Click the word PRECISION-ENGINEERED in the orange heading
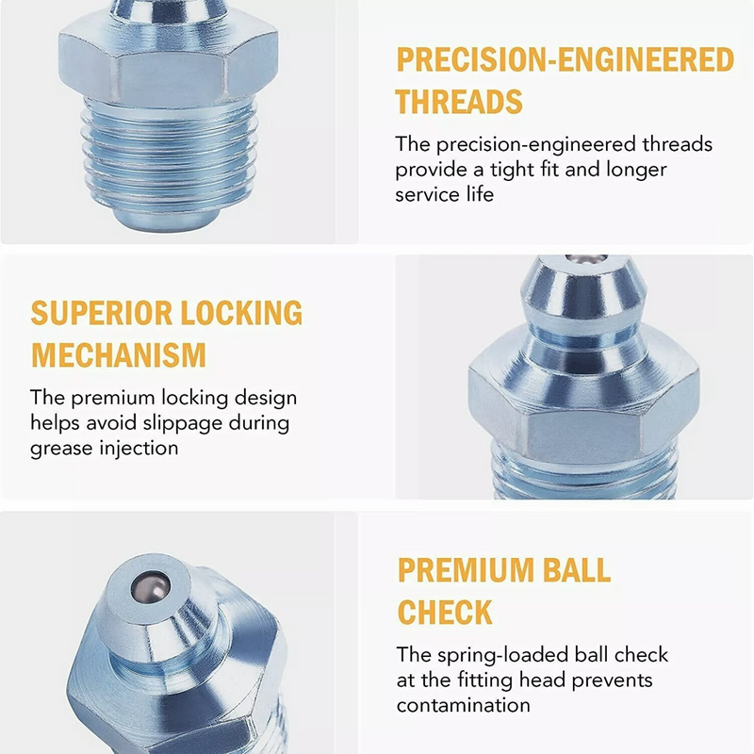564,59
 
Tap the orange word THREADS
458,102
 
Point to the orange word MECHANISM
119,355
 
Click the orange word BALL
575,570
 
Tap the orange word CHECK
445,613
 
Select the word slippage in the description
183,423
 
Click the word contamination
463,704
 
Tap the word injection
139,448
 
